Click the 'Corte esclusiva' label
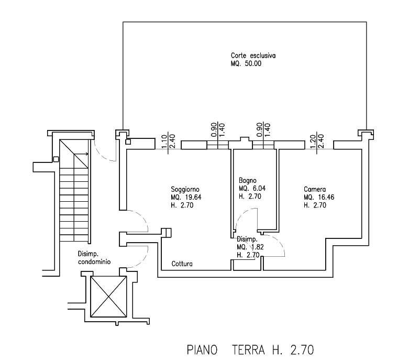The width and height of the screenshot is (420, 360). [253, 56]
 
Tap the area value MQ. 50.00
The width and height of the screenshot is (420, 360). [246, 63]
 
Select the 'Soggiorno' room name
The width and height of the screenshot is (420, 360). [185, 190]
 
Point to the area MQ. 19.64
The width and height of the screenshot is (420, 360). [186, 197]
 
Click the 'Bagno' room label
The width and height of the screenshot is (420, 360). [248, 181]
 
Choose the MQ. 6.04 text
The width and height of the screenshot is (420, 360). [252, 189]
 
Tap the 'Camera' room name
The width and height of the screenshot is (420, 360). [315, 189]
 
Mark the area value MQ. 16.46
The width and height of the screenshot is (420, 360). [319, 197]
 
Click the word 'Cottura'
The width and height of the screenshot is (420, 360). [182, 264]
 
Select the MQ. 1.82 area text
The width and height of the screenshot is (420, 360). [250, 247]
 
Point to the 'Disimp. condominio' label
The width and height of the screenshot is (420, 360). [94, 258]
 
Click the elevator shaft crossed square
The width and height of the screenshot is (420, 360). [108, 297]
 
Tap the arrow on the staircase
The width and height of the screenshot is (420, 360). [81, 154]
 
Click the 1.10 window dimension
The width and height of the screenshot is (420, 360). [164, 141]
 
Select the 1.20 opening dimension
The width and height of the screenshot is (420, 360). [313, 141]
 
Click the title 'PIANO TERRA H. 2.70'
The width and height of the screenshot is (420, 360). [250, 350]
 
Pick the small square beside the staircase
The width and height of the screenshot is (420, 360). [56, 159]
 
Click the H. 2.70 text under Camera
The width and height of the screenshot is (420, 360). [315, 205]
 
